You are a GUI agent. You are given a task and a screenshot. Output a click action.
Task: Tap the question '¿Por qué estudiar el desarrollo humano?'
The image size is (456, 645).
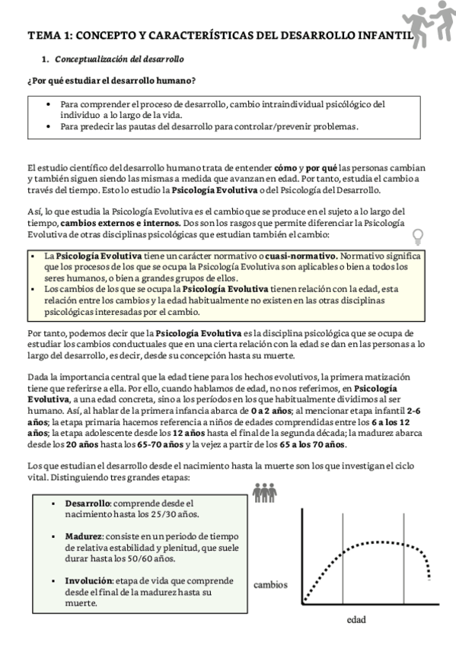(x=110, y=81)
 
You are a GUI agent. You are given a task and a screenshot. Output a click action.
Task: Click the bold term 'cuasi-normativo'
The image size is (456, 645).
(x=301, y=256)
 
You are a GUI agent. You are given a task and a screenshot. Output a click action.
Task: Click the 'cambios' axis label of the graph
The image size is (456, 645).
(x=270, y=585)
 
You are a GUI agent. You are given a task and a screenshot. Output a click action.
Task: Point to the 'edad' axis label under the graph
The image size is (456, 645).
(x=356, y=620)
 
